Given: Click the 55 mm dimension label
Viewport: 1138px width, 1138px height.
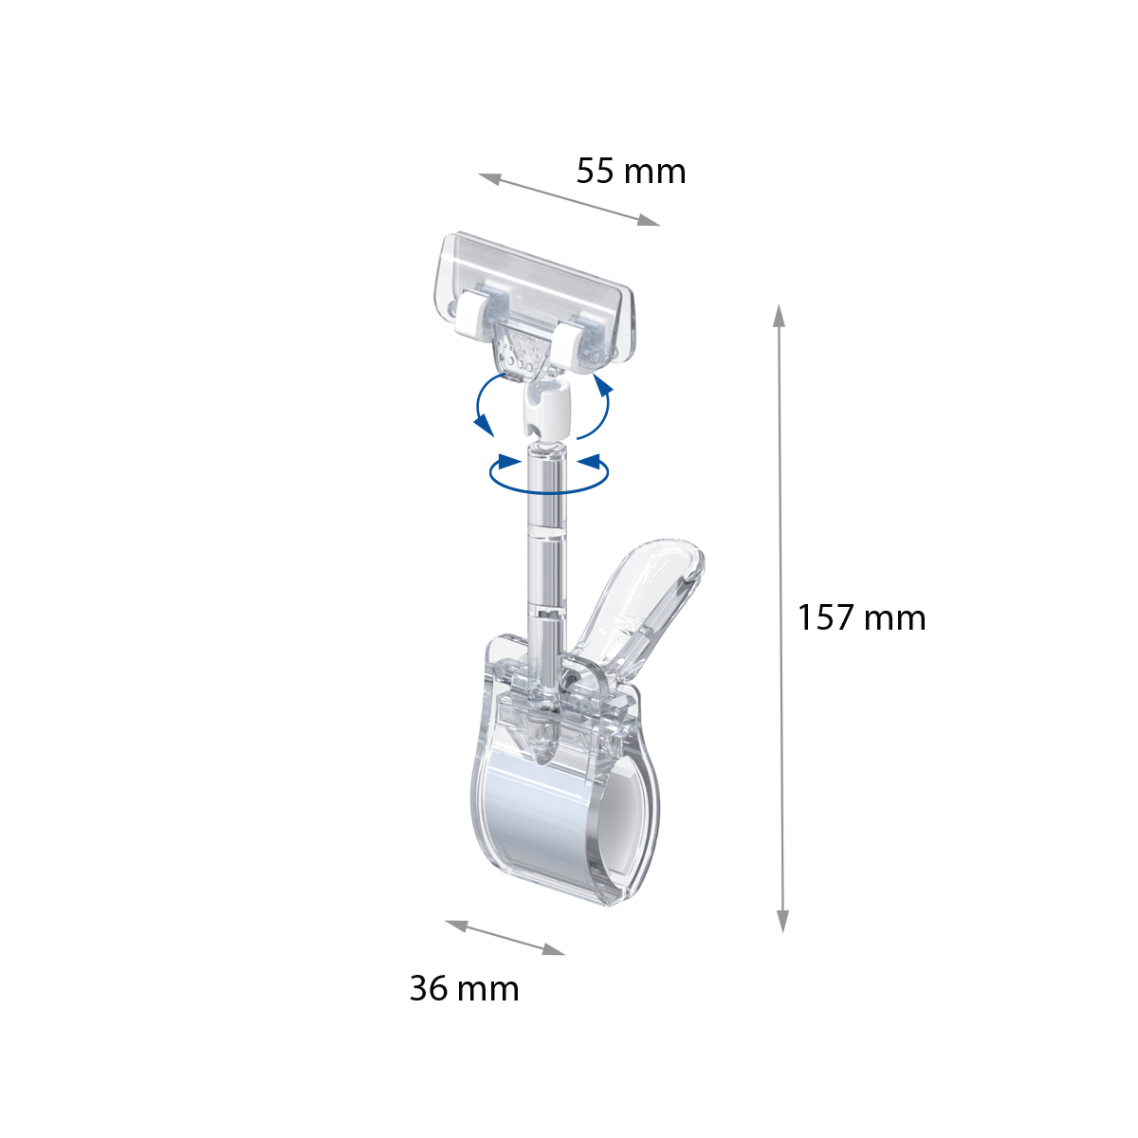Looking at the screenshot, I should point(631,172).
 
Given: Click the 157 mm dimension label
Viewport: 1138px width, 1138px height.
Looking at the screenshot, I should point(861,617).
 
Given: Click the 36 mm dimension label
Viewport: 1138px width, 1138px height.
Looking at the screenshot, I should point(464,988).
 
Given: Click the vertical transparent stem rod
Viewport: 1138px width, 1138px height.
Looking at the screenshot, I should point(546,550).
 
